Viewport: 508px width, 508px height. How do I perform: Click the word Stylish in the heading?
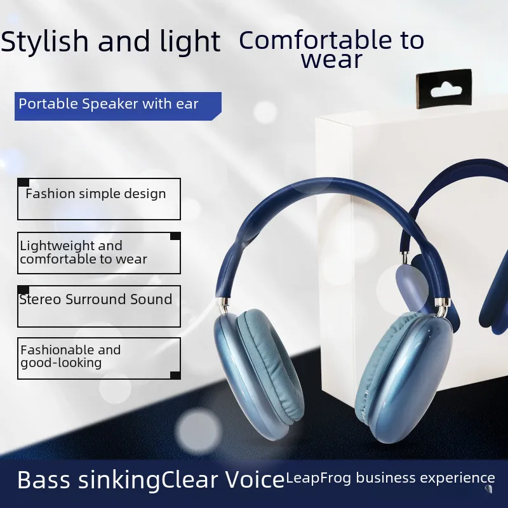coord(44,41)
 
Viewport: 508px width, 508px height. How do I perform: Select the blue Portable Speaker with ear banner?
coord(118,106)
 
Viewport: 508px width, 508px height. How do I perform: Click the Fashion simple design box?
coord(99,199)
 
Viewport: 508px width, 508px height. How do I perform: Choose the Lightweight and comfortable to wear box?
coord(99,253)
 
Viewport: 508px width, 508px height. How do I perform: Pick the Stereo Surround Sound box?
coord(99,306)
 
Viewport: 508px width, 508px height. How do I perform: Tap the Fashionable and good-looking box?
coord(99,358)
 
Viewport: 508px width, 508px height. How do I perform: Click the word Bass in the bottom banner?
coord(44,479)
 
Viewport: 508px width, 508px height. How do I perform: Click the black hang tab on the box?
coord(444,88)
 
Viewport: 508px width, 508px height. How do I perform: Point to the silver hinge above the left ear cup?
coord(223,305)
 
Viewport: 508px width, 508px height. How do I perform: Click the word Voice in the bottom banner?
coord(255,479)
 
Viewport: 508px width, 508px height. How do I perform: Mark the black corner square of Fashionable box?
coord(175,375)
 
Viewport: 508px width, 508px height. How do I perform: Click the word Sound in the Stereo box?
coord(151,299)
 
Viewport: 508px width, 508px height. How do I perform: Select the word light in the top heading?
coord(190,41)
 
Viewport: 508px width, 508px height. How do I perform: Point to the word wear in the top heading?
coord(331,60)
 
